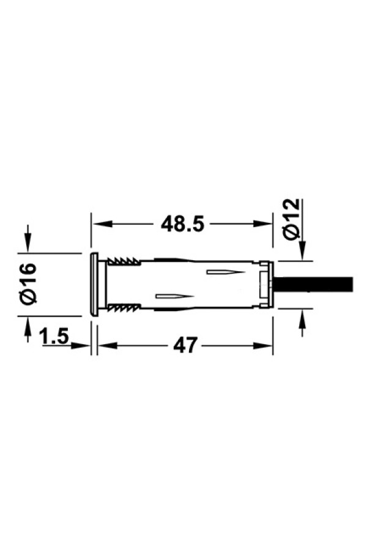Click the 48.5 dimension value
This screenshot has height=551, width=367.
(182, 224)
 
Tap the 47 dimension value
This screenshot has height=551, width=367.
(185, 345)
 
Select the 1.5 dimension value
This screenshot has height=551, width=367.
(54, 336)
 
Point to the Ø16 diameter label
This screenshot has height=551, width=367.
(29, 283)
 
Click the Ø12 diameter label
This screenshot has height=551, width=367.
(292, 219)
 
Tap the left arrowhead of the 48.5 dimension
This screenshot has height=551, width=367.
(101, 224)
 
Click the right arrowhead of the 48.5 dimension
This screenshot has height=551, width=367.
(264, 224)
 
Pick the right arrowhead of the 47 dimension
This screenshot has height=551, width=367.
(264, 345)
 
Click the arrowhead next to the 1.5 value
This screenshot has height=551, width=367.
(81, 345)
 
